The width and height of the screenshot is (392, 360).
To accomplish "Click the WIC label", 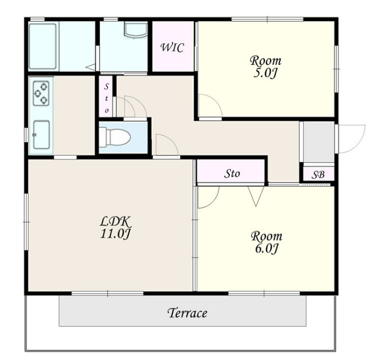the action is click(x=172, y=47).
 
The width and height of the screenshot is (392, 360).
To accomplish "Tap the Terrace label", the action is click(x=187, y=313).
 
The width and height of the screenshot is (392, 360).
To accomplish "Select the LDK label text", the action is click(x=115, y=221).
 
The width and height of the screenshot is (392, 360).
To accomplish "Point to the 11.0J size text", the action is click(x=115, y=234).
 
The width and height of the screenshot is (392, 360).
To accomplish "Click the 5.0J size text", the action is click(x=266, y=73).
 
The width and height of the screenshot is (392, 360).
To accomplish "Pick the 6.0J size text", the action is click(x=266, y=248).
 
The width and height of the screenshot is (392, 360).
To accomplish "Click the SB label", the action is click(x=318, y=174).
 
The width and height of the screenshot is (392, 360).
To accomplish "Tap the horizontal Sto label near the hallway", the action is click(x=232, y=173).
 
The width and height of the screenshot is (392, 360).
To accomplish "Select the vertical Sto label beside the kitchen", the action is click(x=107, y=98).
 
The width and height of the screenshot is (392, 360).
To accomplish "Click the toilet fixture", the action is click(x=115, y=136).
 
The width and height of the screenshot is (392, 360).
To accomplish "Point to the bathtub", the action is click(x=43, y=47).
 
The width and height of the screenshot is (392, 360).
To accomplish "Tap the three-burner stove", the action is click(x=41, y=93).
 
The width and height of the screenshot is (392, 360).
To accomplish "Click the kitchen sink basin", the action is click(x=42, y=135).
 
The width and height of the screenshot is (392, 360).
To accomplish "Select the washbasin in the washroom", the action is click(x=136, y=30).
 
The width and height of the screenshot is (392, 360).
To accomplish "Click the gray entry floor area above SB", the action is click(x=319, y=142).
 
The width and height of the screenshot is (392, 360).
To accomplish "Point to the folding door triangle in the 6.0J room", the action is click(x=256, y=196).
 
